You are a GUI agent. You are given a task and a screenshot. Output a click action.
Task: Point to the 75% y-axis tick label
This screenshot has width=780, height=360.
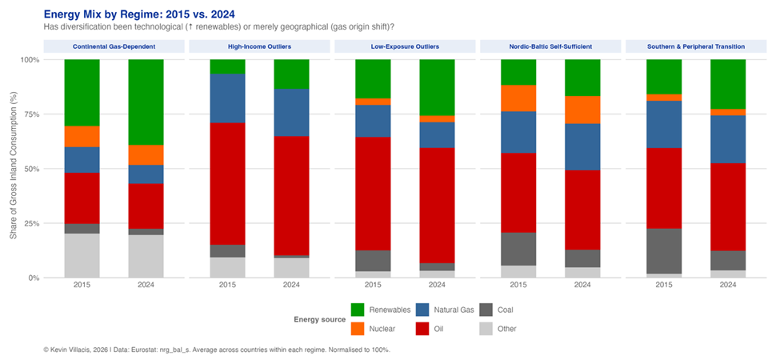click(x=29, y=114)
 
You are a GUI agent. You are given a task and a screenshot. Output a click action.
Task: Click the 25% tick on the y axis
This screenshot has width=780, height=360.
click(x=29, y=223)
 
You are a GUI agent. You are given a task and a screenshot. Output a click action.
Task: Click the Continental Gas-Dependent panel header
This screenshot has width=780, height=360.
click(x=114, y=46)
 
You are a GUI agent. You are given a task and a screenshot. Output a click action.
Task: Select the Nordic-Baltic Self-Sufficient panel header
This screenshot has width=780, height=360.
click(x=550, y=46)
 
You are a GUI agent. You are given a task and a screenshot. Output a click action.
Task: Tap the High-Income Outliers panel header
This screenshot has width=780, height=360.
click(x=259, y=46)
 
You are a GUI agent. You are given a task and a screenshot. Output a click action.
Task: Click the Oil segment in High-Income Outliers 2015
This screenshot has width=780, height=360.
click(x=227, y=183)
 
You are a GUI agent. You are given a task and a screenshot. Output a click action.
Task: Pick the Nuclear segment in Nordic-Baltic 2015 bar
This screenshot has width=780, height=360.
click(x=518, y=98)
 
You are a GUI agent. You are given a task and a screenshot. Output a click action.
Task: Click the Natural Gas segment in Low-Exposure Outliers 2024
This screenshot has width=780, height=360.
click(x=437, y=135)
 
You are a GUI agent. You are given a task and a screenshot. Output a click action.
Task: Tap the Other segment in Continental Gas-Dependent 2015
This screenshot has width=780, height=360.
click(x=82, y=255)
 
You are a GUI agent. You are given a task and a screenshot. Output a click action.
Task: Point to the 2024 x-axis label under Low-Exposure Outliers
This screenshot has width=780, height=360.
click(x=437, y=286)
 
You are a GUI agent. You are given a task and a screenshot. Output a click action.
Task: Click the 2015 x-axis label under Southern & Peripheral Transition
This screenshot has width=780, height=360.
click(x=664, y=286)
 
